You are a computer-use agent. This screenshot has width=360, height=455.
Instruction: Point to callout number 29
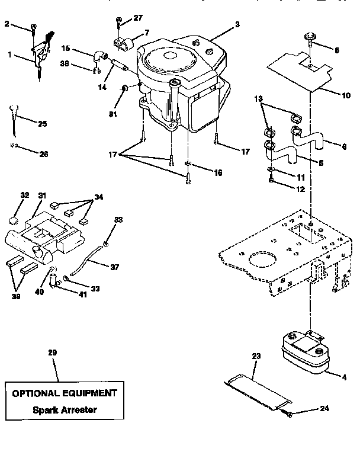click(x=52, y=353)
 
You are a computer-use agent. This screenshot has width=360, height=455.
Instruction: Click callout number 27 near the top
click(x=137, y=18)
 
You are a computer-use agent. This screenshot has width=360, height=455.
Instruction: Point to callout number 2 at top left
click(x=7, y=24)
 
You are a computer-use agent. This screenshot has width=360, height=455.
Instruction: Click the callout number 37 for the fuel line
click(x=114, y=267)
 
